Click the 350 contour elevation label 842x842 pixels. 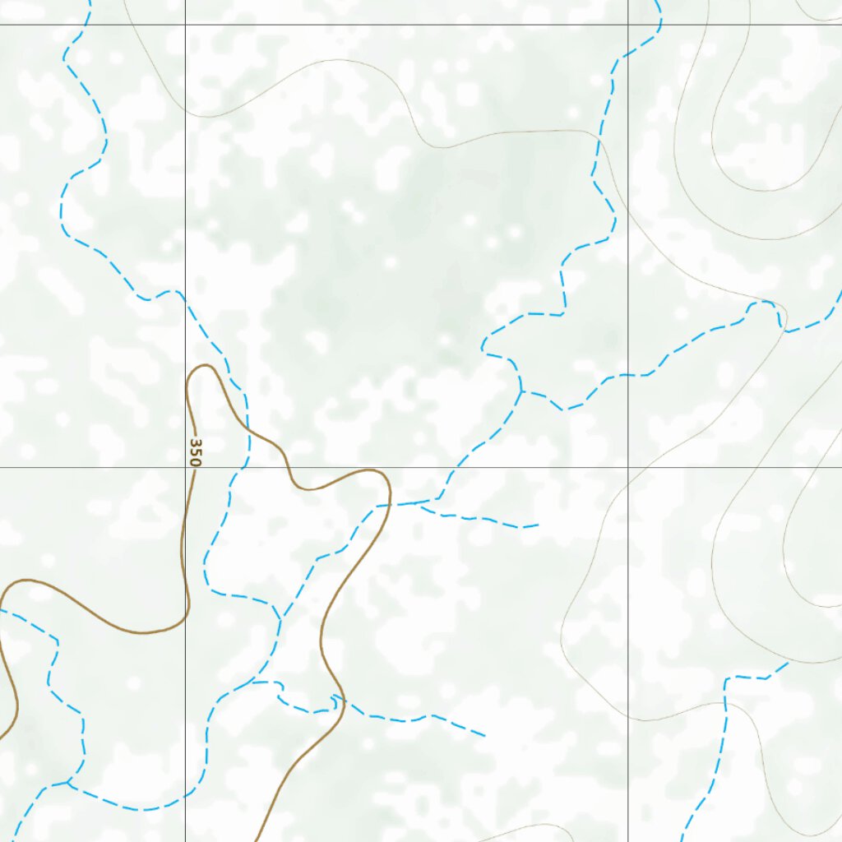(195, 452)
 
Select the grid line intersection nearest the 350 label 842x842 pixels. (185, 467)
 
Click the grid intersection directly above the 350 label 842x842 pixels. (185, 25)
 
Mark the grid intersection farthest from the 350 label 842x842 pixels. (628, 25)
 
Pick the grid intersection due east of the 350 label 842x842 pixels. (628, 467)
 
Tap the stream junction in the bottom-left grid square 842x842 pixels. (68, 781)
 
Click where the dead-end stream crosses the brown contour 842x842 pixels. (335, 699)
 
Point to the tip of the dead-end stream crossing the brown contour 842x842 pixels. (485, 736)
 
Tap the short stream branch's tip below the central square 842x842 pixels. (538, 525)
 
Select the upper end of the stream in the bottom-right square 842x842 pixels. (788, 663)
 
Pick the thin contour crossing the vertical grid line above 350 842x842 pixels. (185, 110)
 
